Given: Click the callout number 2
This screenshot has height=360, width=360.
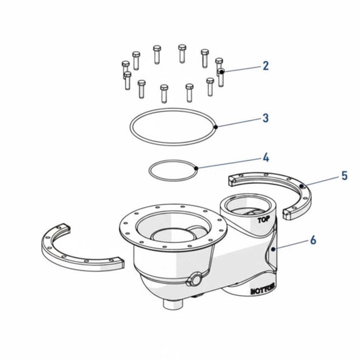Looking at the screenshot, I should (x=265, y=66).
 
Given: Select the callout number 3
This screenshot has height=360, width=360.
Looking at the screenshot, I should (x=265, y=118).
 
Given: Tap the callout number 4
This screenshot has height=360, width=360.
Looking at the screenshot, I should (x=265, y=158).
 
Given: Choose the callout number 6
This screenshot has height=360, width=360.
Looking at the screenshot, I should (x=313, y=240).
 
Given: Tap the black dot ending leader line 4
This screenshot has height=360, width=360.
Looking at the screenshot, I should (x=195, y=168).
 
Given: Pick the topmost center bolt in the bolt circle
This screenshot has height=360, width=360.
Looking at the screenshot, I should (x=181, y=53).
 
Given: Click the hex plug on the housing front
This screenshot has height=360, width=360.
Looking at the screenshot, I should (x=195, y=280).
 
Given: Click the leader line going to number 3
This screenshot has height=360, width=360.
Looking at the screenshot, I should (x=239, y=123).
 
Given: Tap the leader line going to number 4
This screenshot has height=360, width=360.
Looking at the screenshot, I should (x=228, y=163).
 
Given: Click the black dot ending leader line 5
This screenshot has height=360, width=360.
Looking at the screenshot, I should (x=301, y=185).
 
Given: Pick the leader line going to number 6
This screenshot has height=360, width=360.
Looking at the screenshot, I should (x=291, y=244).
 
